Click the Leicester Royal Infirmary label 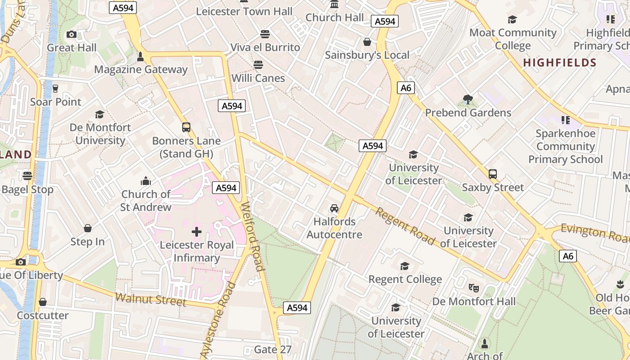point(197,251)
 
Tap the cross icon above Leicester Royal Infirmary point(197,232)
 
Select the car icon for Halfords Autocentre point(334,208)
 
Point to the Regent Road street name point(405,226)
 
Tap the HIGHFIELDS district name point(559,63)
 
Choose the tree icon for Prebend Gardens point(468,99)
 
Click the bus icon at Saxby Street point(493,174)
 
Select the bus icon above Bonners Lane point(186,127)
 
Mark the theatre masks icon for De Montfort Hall point(473,288)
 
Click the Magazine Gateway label point(140,69)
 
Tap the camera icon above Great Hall point(71,34)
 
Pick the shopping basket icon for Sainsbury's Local point(367,42)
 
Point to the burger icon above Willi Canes point(258,64)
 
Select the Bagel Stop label point(27,189)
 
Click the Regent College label point(405,279)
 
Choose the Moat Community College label point(513,39)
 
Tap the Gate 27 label point(273,349)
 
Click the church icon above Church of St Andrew point(145,181)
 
